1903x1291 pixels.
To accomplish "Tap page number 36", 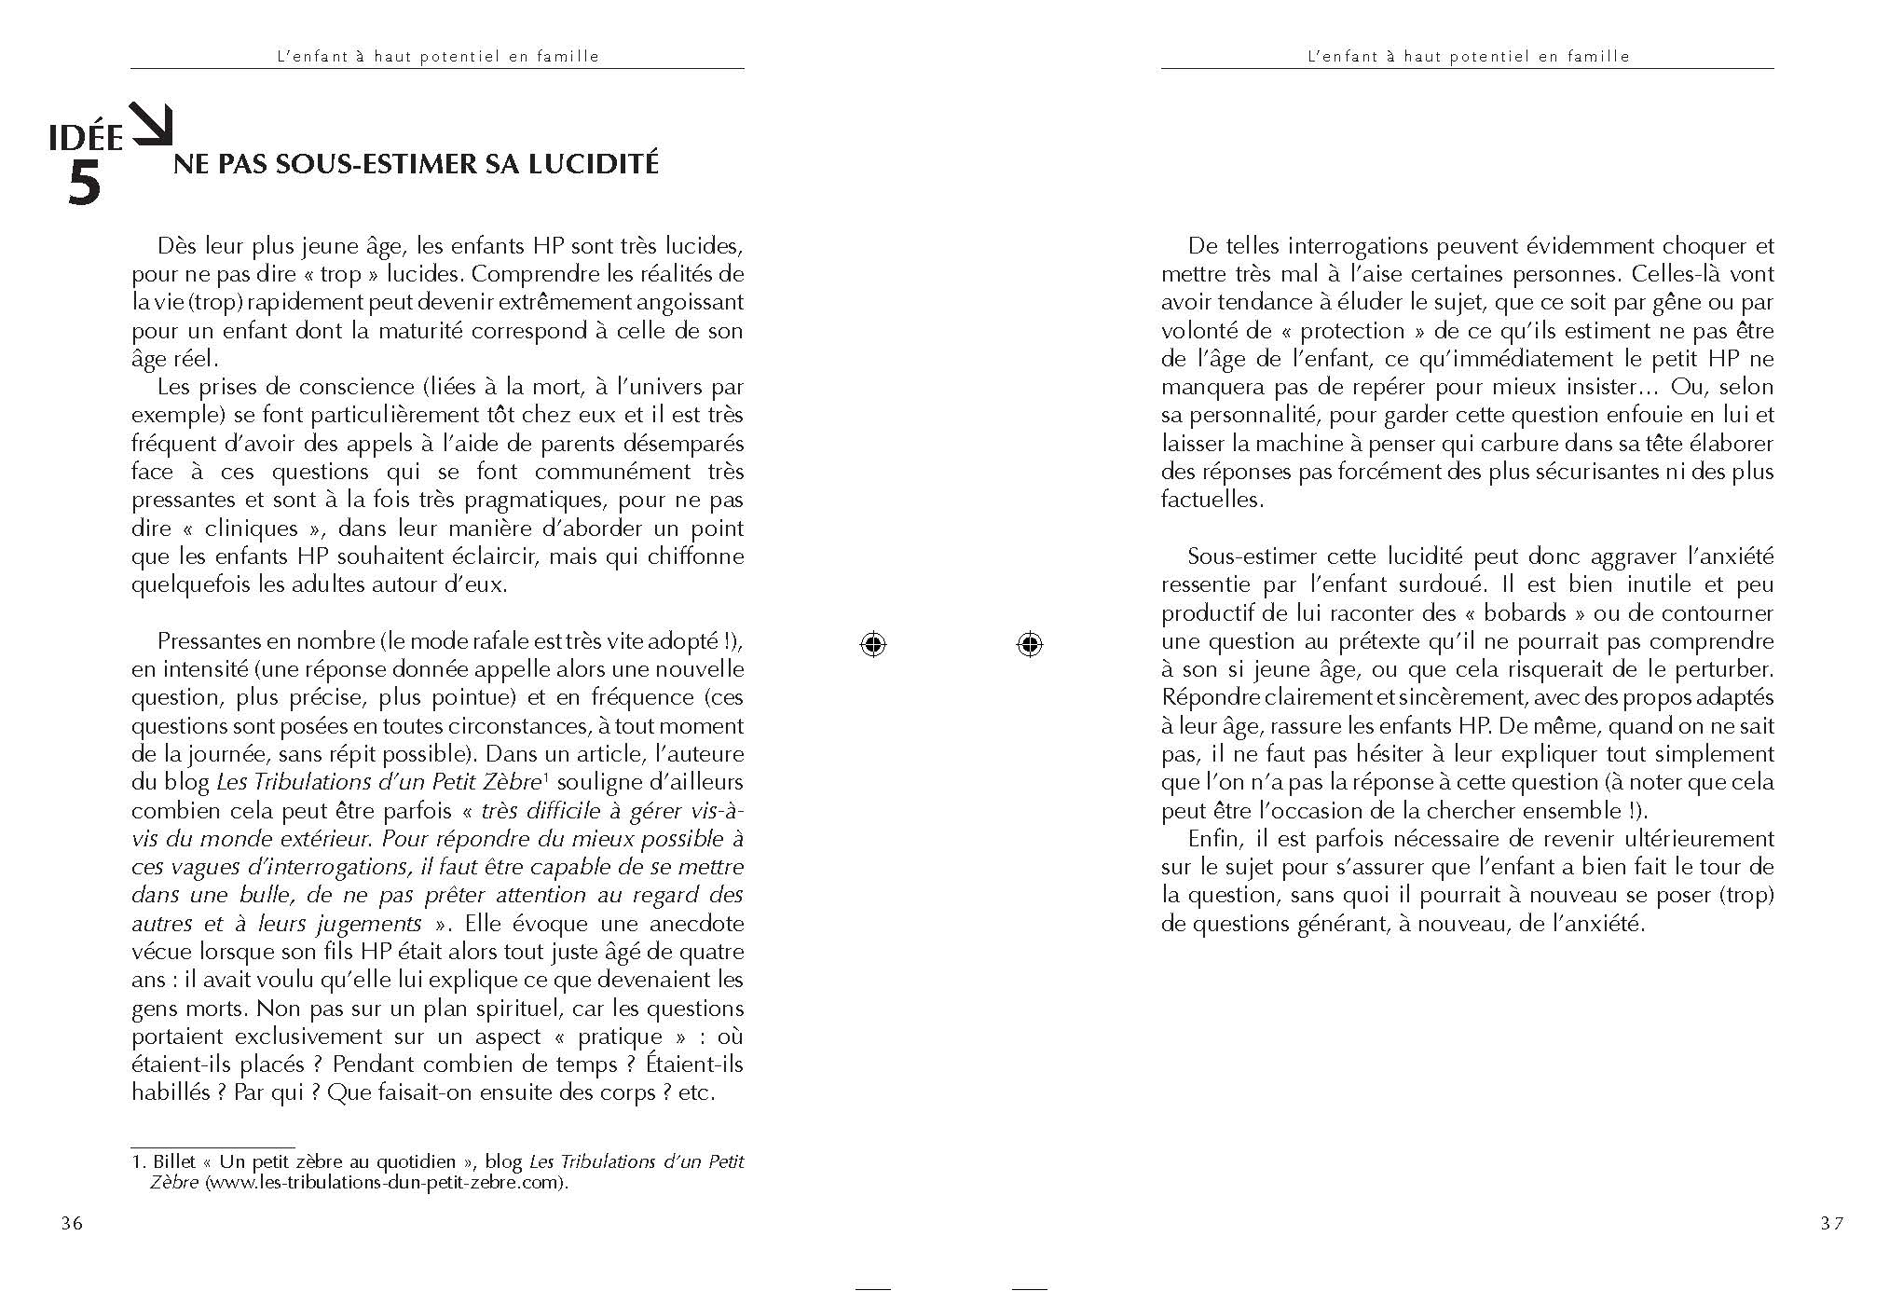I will (72, 1224).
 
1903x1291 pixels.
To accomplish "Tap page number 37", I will (1831, 1224).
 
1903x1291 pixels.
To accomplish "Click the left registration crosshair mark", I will (873, 644).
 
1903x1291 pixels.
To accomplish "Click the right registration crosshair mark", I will (1030, 644).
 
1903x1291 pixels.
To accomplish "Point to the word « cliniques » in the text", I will (252, 529).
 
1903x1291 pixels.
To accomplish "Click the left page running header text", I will (438, 56).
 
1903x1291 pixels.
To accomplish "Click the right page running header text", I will (1468, 56).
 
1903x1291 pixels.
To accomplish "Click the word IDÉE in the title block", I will (86, 139).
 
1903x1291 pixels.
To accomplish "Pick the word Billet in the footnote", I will (174, 1162).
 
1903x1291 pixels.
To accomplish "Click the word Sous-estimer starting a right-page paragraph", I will (1247, 557).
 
